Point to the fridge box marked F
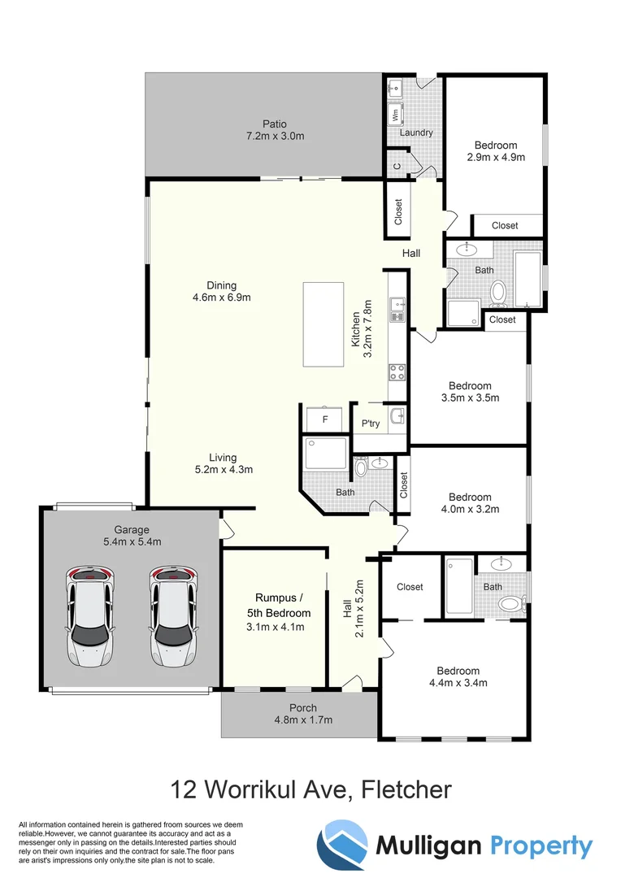click(x=325, y=419)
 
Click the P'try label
click(x=371, y=424)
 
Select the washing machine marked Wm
click(x=396, y=115)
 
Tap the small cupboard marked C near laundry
click(x=397, y=166)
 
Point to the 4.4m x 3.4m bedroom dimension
click(x=458, y=683)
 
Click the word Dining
click(x=221, y=285)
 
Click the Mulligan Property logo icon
click(x=341, y=845)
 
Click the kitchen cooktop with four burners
click(x=397, y=372)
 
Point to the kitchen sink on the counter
click(x=397, y=306)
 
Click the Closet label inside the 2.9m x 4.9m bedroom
click(x=505, y=225)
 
